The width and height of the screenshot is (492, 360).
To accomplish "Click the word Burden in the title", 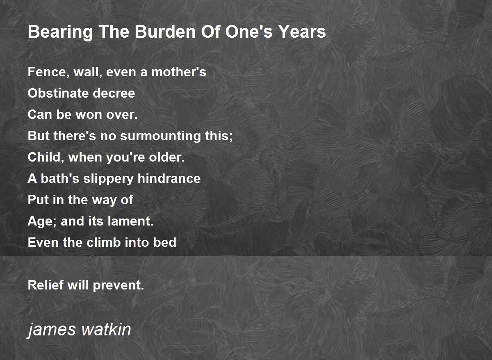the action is click(165, 32).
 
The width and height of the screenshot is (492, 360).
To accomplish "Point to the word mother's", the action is click(179, 72).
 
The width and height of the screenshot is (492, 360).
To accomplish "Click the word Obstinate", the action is click(58, 93).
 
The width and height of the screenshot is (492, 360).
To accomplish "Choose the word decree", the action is click(114, 93).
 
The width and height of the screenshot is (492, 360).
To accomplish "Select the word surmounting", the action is click(160, 136).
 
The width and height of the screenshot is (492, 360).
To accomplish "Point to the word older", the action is click(167, 157).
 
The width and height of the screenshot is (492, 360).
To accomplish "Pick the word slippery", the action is click(108, 179).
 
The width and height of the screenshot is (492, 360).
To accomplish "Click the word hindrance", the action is click(169, 178).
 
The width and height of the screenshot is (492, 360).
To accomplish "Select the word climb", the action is click(104, 242).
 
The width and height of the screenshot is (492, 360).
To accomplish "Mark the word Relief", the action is click(46, 285).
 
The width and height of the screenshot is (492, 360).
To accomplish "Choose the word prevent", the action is click(118, 285).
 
